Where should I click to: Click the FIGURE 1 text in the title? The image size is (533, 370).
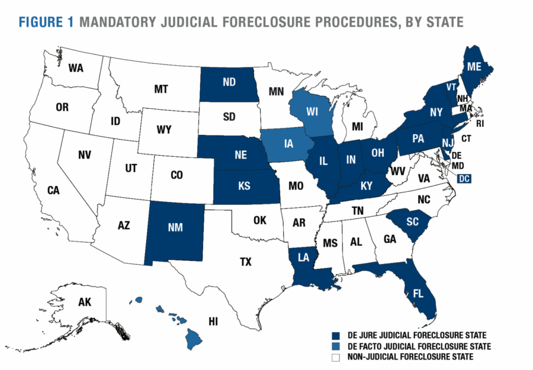point(46,22)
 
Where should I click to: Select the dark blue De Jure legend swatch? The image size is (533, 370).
point(335,333)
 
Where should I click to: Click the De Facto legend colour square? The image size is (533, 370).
point(335,345)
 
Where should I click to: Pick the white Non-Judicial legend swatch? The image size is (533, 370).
point(335,357)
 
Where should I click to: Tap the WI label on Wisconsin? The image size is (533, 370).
point(313,111)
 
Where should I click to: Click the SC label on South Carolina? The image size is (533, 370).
point(413,221)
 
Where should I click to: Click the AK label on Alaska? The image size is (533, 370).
point(85,303)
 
